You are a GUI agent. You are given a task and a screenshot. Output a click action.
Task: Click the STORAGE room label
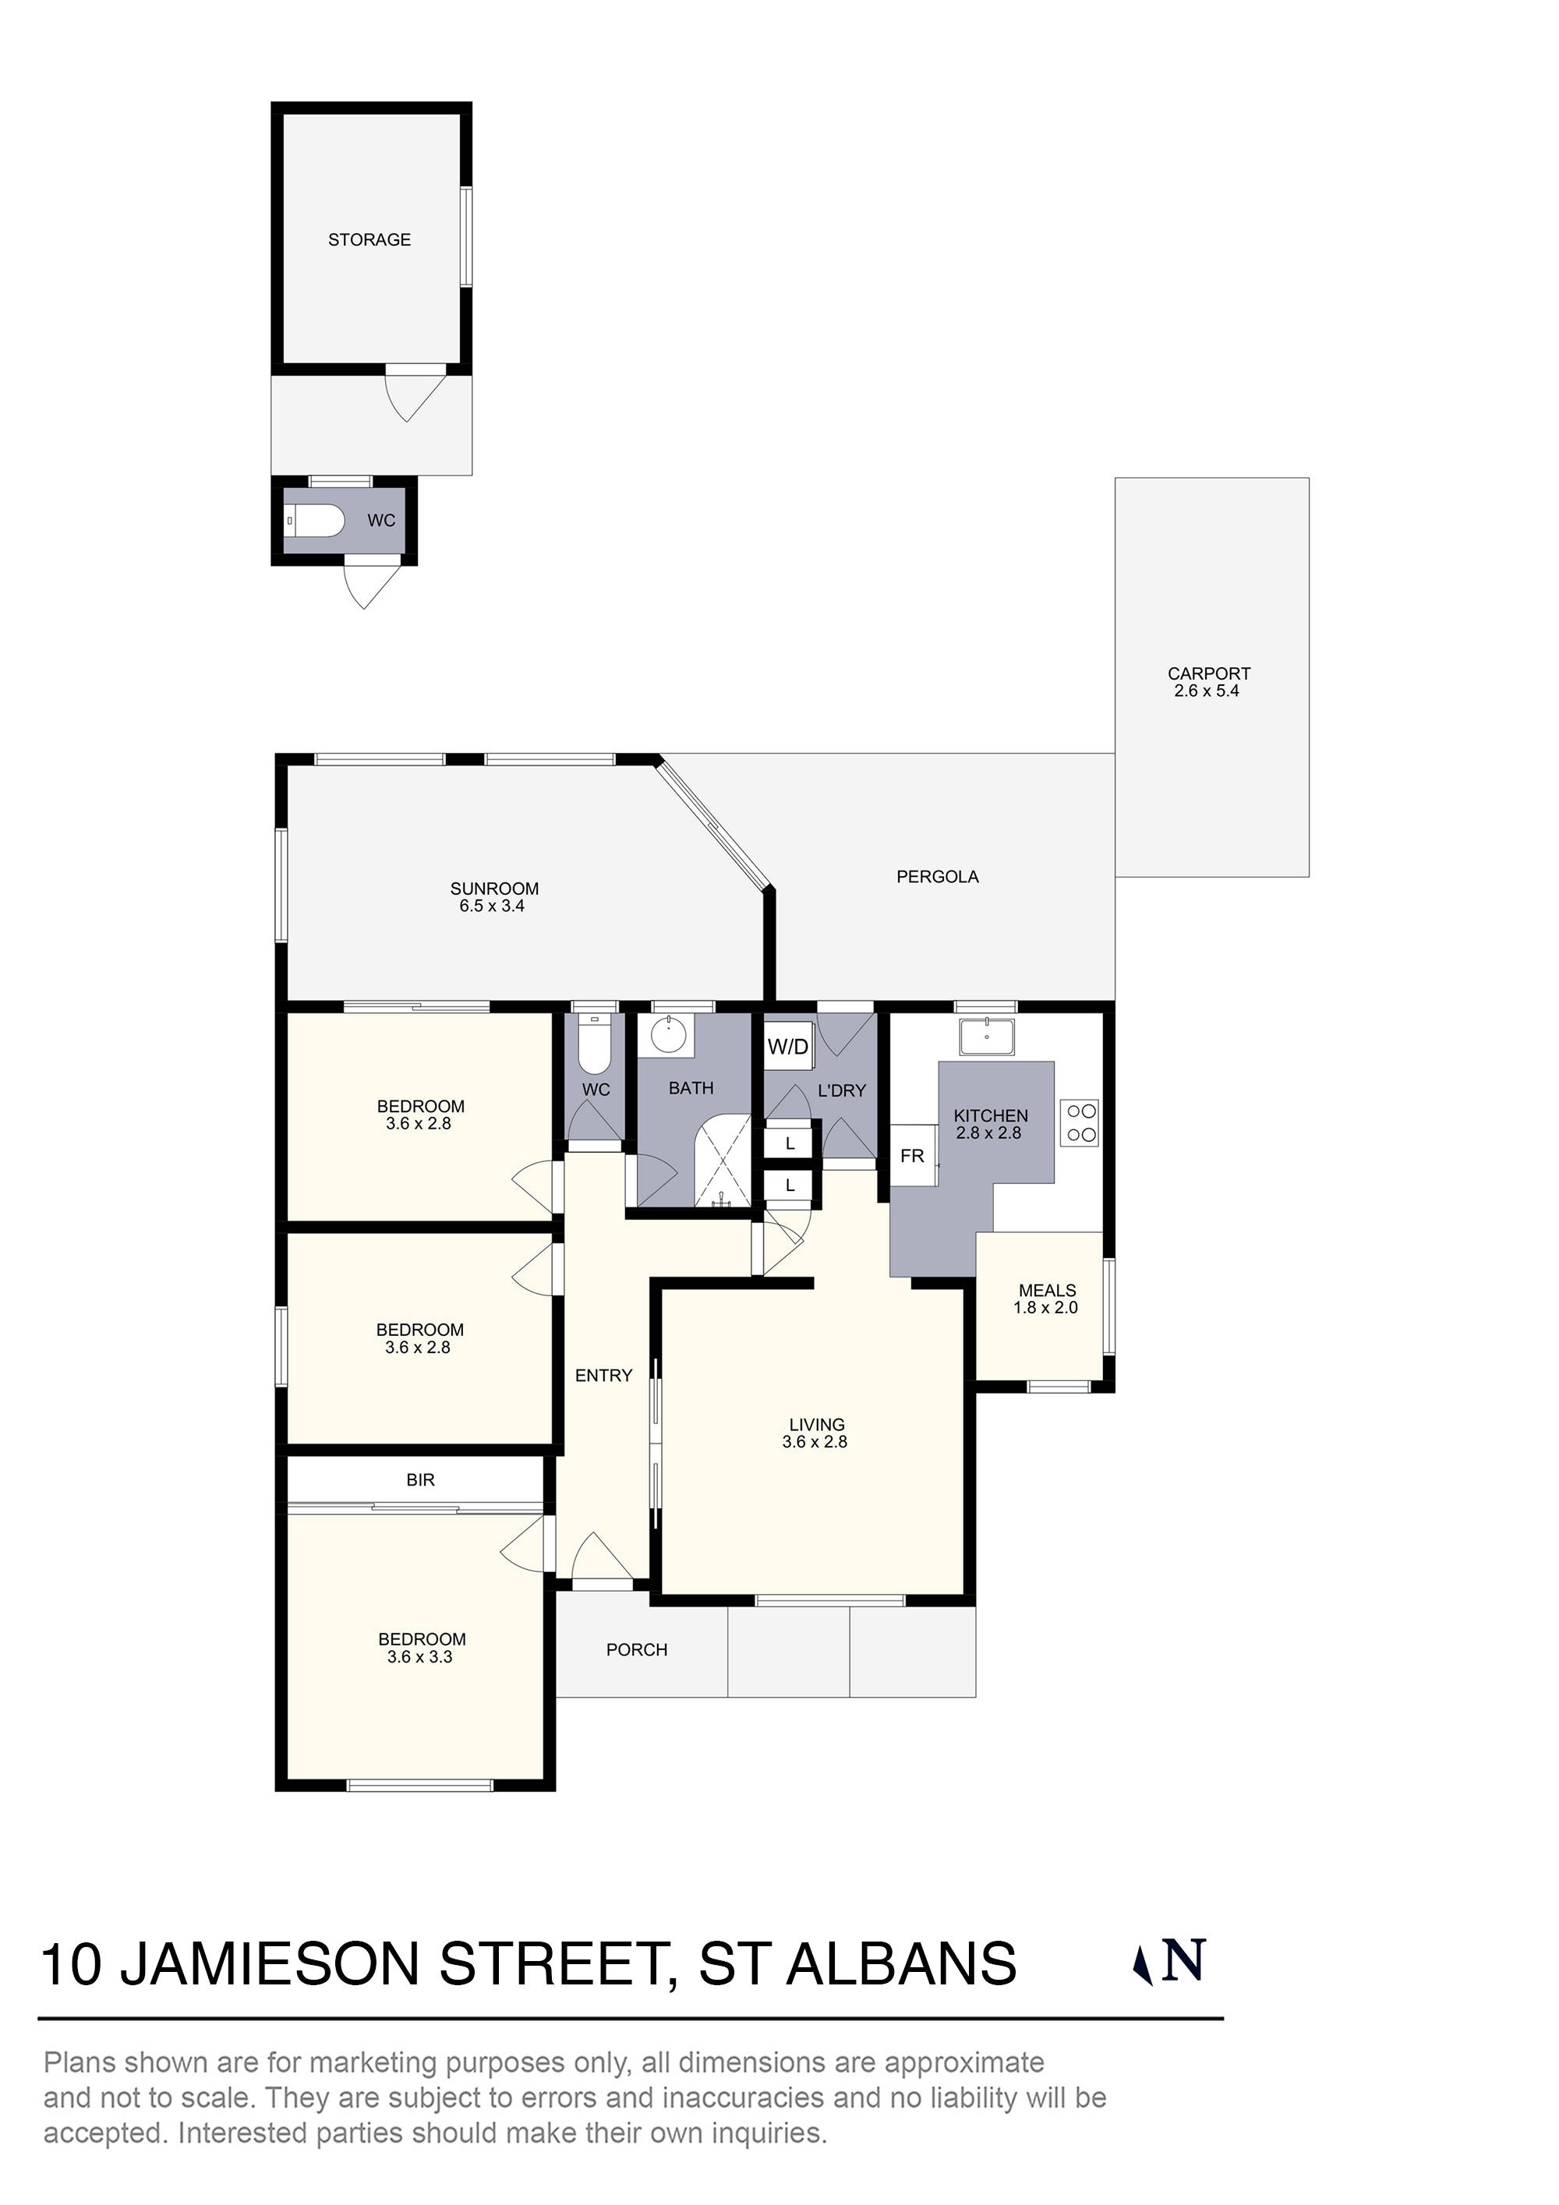[x=369, y=240]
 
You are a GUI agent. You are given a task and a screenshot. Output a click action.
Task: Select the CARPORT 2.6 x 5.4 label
[x=1207, y=682]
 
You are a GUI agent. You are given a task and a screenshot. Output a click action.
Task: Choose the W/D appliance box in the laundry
[x=787, y=1047]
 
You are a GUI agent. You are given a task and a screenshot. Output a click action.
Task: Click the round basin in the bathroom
[x=666, y=1035]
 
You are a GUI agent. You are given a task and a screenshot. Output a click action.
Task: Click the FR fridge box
[x=911, y=1157]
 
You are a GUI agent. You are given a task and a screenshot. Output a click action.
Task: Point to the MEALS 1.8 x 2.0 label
[x=1046, y=1299]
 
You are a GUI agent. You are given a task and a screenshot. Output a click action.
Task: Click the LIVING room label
[x=816, y=1425]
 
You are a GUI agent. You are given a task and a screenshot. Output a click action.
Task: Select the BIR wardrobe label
[x=420, y=1481]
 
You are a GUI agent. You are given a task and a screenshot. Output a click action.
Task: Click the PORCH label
[x=636, y=1650]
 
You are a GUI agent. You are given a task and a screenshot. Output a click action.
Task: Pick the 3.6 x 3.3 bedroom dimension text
[x=420, y=1658]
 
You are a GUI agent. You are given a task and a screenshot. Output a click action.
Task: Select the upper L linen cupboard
[x=790, y=1143]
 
